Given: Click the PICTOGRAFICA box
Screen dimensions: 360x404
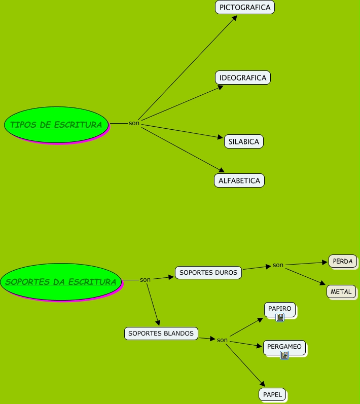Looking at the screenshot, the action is pos(245,7).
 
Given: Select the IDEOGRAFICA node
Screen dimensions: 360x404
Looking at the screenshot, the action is pos(243,78).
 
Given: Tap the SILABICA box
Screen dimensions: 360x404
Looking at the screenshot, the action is pos(244,141).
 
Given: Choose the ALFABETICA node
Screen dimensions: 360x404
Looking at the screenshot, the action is pos(239,180).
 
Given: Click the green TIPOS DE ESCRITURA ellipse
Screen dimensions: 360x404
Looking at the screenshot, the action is pos(56,124).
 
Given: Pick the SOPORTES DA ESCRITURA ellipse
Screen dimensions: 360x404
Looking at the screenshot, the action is pos(61,282).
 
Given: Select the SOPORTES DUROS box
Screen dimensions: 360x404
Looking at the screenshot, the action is pos(208,272).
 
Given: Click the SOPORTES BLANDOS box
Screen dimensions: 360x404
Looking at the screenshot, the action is pos(161,334).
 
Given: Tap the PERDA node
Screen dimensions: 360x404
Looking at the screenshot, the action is pos(343,261).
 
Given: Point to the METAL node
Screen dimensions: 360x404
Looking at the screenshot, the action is pos(341,291).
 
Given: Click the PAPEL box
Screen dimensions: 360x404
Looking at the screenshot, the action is pos(272,394).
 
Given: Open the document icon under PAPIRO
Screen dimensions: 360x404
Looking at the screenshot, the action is pos(280,317).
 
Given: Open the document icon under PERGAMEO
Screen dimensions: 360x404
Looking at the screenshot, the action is pos(284,355).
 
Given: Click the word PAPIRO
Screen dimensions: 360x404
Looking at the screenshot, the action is pos(280,308).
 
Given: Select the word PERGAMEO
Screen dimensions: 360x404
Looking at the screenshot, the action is pos(284,347).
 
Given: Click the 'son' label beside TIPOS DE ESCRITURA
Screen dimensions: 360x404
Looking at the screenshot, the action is pos(134,123).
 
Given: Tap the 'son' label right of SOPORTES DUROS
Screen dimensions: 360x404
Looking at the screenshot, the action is pos(278,265).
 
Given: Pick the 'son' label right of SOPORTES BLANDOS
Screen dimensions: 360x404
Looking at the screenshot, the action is pos(222,340).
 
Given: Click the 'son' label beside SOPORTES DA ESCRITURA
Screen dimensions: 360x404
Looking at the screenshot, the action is pos(145,280).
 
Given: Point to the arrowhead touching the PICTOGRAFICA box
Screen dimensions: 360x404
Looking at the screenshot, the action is pos(235,17).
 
